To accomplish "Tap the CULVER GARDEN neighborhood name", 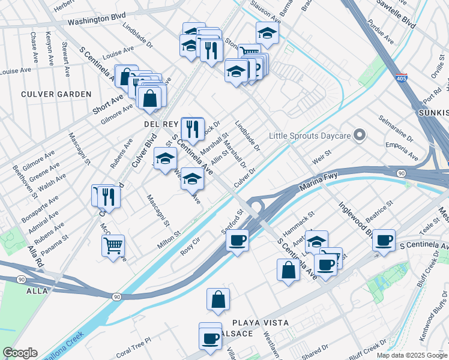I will point(56,94).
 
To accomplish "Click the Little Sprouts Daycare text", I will point(310,136).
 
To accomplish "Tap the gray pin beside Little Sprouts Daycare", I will point(360,135).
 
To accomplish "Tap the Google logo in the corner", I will point(20,353).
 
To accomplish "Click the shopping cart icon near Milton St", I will point(113,245).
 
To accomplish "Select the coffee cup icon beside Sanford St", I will point(237,241).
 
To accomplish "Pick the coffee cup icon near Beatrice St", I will point(384,240).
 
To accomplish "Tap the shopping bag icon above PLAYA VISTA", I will point(218,299).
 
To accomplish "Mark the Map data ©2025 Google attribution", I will point(411,355).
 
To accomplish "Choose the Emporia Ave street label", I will point(402,151).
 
